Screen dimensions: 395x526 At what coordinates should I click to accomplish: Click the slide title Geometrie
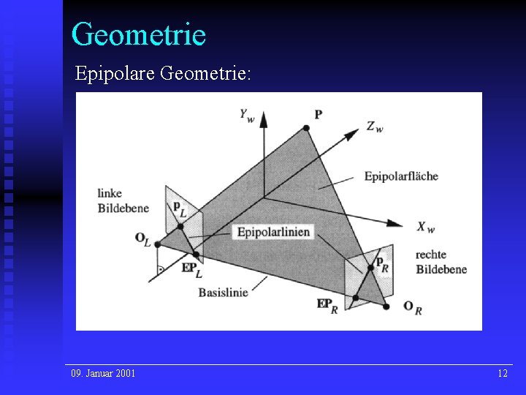pyautogui.click(x=139, y=34)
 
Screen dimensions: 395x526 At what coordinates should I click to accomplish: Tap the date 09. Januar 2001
pyautogui.click(x=103, y=374)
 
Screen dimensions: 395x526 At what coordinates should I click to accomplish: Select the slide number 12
pyautogui.click(x=503, y=374)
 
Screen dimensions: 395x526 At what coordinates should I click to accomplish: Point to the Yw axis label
pyautogui.click(x=246, y=115)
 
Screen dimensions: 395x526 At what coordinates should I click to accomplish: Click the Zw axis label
pyautogui.click(x=375, y=127)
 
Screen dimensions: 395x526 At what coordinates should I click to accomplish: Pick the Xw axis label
pyautogui.click(x=426, y=227)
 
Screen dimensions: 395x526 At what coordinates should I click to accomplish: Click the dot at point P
pyautogui.click(x=306, y=128)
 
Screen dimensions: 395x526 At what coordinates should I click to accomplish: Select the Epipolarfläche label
pyautogui.click(x=401, y=176)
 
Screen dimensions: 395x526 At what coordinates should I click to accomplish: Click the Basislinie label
pyautogui.click(x=223, y=291)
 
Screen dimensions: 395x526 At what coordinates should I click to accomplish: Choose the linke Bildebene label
pyautogui.click(x=122, y=201)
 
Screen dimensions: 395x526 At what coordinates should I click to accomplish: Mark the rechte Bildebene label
pyautogui.click(x=441, y=263)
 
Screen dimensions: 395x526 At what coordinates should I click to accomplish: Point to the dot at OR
pyautogui.click(x=386, y=306)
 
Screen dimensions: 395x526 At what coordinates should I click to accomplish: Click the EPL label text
pyautogui.click(x=191, y=268)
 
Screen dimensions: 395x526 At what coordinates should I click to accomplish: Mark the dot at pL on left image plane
pyautogui.click(x=180, y=226)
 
